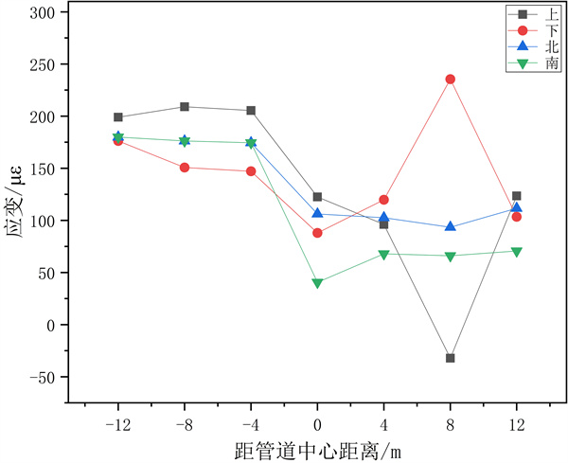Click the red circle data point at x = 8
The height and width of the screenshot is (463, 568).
450,80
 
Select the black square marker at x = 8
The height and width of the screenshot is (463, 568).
450,358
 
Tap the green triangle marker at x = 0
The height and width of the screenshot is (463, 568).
317,283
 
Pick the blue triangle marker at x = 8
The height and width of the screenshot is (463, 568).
450,226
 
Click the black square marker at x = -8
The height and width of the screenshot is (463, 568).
185,107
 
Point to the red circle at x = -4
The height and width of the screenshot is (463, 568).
251,171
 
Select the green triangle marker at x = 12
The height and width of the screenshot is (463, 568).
516,252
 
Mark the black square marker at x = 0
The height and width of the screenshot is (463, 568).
317,197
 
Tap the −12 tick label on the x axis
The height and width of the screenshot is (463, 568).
118,423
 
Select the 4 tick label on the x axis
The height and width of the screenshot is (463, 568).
383,423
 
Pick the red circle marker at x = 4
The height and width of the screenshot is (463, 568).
383,200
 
